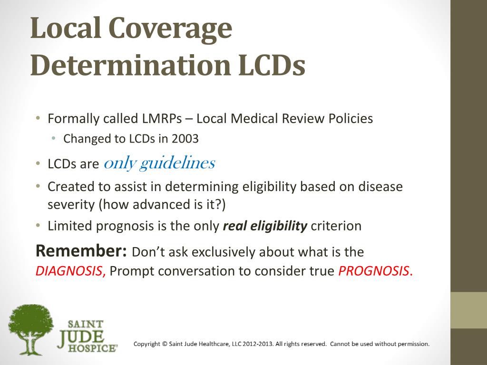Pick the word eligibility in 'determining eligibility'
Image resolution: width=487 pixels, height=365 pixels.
click(x=269, y=186)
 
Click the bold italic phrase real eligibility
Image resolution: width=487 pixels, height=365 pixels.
click(x=265, y=226)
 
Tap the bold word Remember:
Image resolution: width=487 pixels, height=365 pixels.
click(x=82, y=250)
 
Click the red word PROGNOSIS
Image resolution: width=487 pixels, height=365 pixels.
click(x=373, y=271)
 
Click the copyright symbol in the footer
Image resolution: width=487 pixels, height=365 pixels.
click(x=165, y=344)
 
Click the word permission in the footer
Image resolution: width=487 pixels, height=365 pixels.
click(x=413, y=344)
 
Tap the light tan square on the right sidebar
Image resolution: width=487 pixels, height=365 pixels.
click(x=468, y=310)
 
